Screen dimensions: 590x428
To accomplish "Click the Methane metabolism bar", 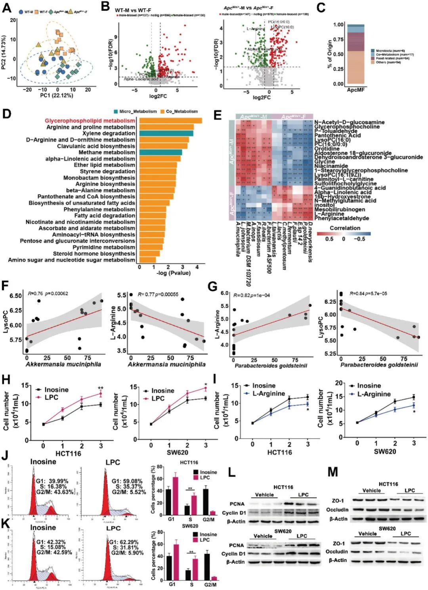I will tap(160, 153).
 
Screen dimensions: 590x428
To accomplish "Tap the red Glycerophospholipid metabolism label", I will tap(90, 120).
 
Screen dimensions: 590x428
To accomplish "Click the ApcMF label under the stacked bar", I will tap(355, 90).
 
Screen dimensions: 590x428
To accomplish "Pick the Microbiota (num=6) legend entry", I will tap(390, 51).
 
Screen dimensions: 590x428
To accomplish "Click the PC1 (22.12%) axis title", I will tap(57, 95).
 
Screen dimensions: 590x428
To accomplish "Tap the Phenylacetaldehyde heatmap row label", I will tap(342, 218).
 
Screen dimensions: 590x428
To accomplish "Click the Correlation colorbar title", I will tap(345, 228).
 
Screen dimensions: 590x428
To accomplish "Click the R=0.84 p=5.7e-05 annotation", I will tap(368, 294).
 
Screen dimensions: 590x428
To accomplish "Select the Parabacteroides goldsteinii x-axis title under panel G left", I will tap(271, 365).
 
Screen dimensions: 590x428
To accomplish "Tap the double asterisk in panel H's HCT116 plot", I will tap(101, 388).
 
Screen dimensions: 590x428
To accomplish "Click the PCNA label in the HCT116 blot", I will tap(237, 504).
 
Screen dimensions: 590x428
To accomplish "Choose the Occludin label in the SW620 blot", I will tap(336, 552).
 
